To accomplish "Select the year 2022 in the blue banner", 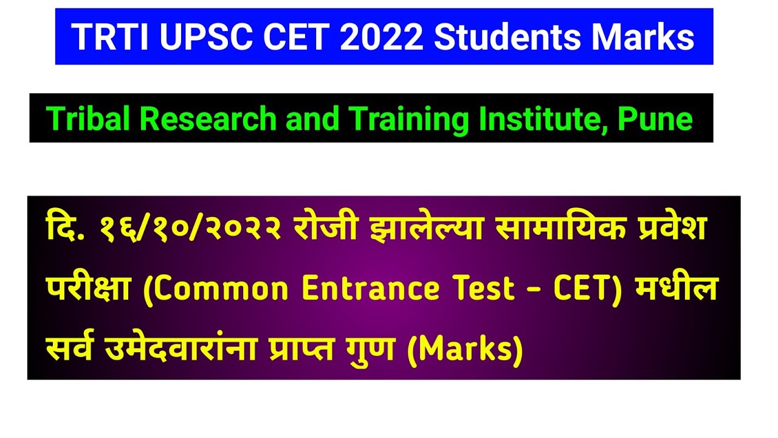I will tap(381, 37).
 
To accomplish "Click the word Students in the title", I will tap(508, 37).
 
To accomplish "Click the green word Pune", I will tap(655, 119).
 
